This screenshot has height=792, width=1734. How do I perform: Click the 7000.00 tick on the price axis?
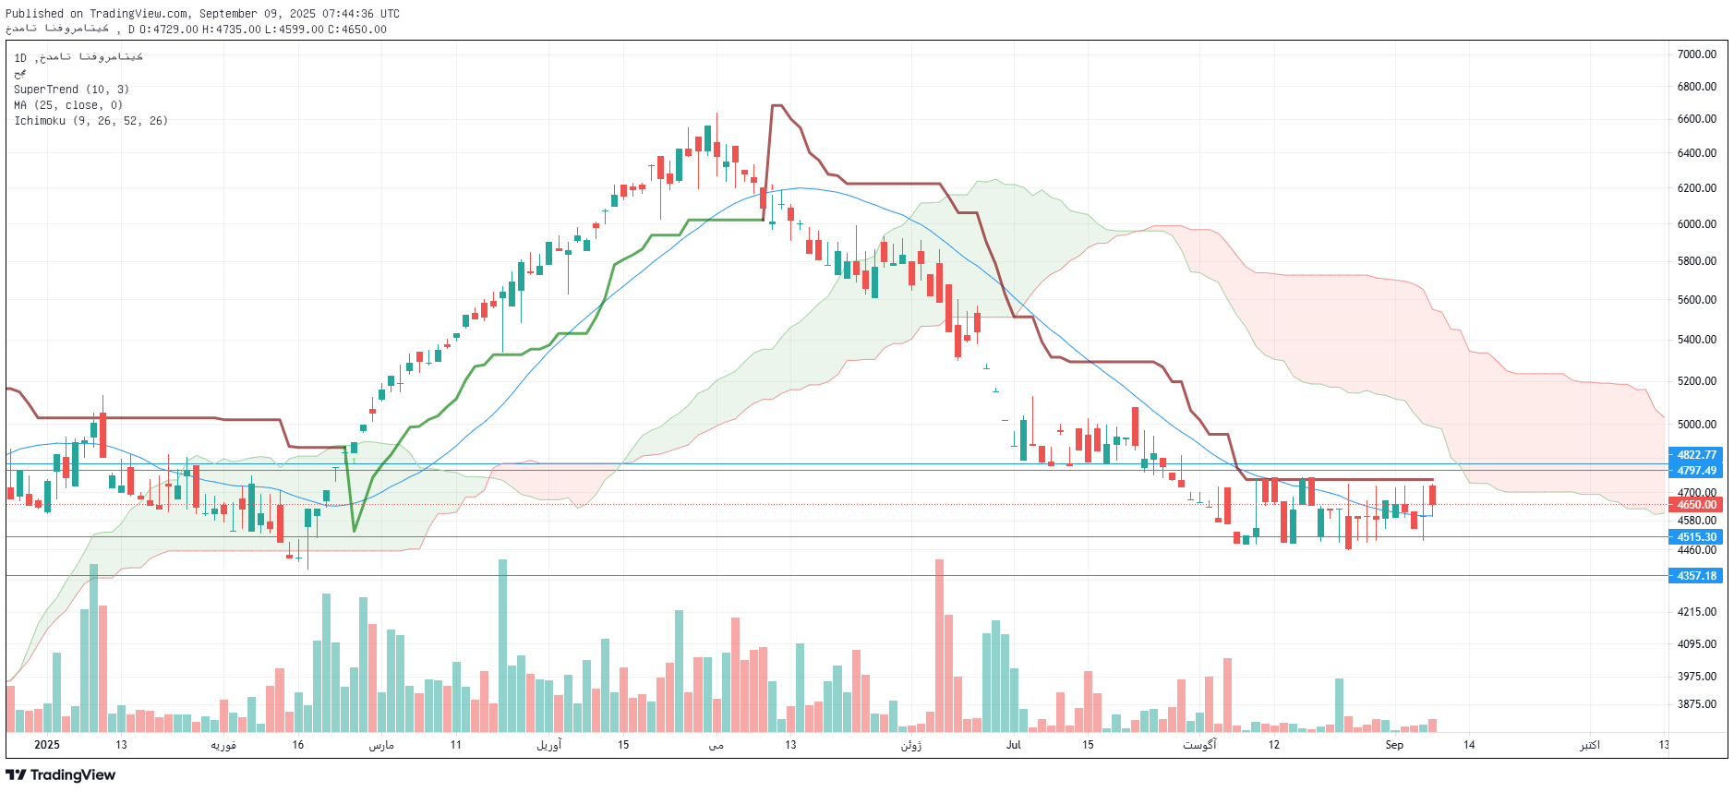click(x=1696, y=54)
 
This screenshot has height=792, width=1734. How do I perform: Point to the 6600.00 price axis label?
click(x=1696, y=119)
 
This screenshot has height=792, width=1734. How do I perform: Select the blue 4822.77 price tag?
click(x=1696, y=455)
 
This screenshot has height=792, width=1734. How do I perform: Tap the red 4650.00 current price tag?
click(x=1696, y=505)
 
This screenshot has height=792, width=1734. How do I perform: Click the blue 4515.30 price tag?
click(x=1696, y=537)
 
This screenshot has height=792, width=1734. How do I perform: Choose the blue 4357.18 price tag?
click(x=1696, y=576)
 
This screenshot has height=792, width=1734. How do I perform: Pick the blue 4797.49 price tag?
click(x=1696, y=471)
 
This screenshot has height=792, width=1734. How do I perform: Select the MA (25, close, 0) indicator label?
click(x=67, y=105)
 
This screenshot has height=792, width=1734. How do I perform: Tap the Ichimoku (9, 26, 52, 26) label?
click(x=90, y=121)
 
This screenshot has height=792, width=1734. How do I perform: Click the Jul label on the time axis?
click(x=1013, y=745)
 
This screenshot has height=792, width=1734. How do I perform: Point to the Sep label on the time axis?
click(x=1393, y=745)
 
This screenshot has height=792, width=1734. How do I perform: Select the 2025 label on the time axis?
click(x=46, y=745)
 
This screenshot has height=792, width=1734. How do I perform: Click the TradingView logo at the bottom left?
click(x=61, y=775)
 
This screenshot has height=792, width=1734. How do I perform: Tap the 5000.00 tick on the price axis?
click(x=1696, y=425)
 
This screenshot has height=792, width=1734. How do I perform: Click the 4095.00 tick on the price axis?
click(x=1696, y=644)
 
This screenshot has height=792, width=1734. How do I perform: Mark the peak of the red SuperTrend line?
click(x=777, y=106)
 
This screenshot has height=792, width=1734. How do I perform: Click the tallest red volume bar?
click(x=939, y=646)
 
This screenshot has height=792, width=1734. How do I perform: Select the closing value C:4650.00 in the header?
click(x=363, y=30)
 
